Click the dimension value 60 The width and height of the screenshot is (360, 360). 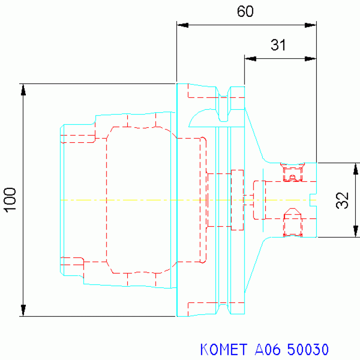click(x=245, y=11)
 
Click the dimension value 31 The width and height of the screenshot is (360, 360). click(x=278, y=45)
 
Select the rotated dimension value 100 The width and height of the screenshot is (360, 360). click(x=10, y=200)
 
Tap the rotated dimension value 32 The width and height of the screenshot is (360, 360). click(x=342, y=200)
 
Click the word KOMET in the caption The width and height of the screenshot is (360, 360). click(x=223, y=349)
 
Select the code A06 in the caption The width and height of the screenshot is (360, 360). click(x=268, y=349)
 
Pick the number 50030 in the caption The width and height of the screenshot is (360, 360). click(x=308, y=349)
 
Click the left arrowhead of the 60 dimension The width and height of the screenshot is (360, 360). click(x=183, y=25)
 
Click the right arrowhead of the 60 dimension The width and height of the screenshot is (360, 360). click(x=310, y=25)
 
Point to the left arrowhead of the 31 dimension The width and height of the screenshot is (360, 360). click(x=251, y=59)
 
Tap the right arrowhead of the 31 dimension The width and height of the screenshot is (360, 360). click(x=310, y=59)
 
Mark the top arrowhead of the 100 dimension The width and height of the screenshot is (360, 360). click(x=23, y=90)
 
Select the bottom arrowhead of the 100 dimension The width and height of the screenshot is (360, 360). click(x=23, y=310)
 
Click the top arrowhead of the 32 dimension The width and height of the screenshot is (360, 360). click(x=356, y=169)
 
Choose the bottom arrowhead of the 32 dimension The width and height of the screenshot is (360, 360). click(x=356, y=231)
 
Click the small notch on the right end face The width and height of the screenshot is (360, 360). click(x=313, y=200)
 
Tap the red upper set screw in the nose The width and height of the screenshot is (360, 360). click(x=292, y=172)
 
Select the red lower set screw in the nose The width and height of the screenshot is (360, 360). click(x=292, y=222)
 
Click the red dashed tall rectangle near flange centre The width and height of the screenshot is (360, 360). click(x=237, y=200)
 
